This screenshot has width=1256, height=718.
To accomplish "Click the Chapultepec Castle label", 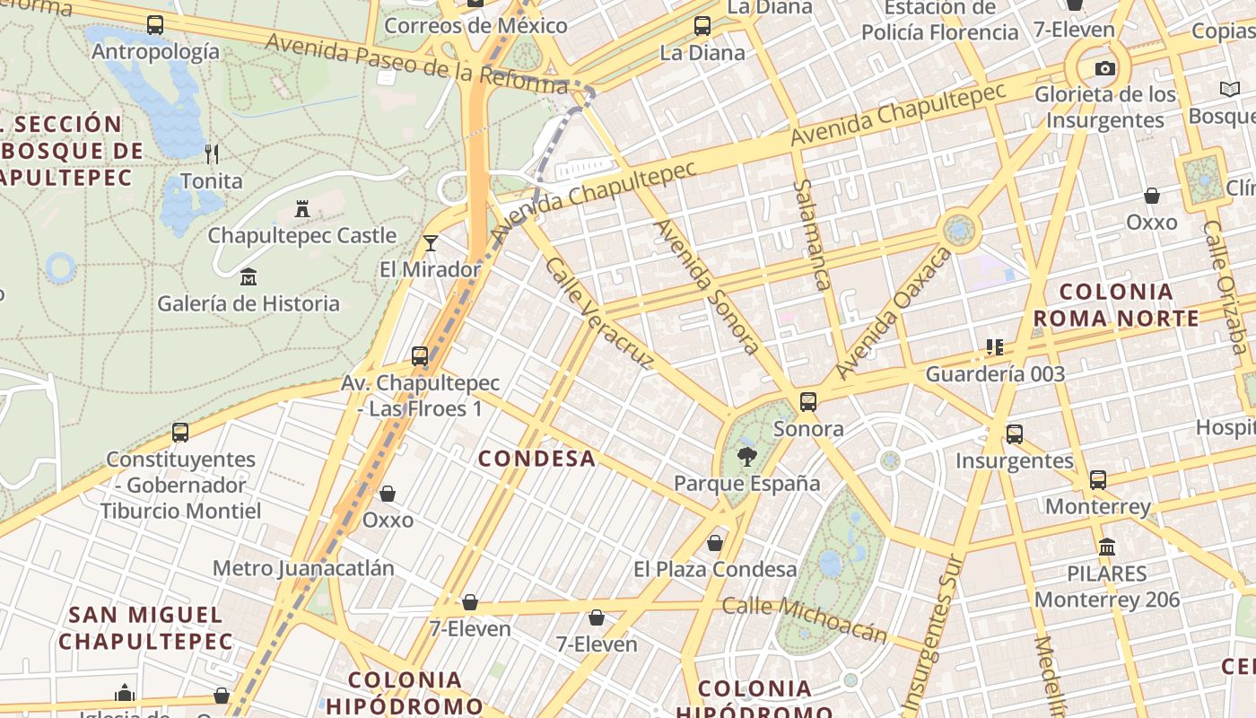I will pyautogui.click(x=301, y=235).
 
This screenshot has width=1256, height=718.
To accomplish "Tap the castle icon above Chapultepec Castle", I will pyautogui.click(x=302, y=209).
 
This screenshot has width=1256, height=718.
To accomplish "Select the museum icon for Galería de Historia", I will pyautogui.click(x=249, y=277).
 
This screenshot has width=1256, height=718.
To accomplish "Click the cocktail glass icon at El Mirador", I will pyautogui.click(x=431, y=242).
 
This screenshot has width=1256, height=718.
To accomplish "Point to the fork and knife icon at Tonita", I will pyautogui.click(x=212, y=153).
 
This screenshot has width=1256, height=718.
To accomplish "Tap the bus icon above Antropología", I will pyautogui.click(x=155, y=25).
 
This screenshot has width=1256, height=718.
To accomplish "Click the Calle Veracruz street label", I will pyautogui.click(x=598, y=313).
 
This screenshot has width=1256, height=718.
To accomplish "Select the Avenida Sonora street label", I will pyautogui.click(x=707, y=285).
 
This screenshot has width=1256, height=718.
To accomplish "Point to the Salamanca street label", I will pyautogui.click(x=811, y=234).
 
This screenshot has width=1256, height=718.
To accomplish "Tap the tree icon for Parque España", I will pyautogui.click(x=746, y=457).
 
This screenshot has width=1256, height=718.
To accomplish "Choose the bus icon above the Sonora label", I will pyautogui.click(x=808, y=401).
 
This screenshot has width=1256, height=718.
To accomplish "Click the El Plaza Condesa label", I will pyautogui.click(x=715, y=569).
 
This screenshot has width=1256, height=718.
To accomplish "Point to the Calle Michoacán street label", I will pyautogui.click(x=805, y=619).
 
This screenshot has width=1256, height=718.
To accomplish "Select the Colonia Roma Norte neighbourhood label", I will pyautogui.click(x=1116, y=305).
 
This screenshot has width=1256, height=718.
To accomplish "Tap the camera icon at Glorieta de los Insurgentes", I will pyautogui.click(x=1105, y=68).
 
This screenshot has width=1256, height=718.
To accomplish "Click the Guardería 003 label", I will pyautogui.click(x=995, y=373).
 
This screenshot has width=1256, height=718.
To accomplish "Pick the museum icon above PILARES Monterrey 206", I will pyautogui.click(x=1107, y=547).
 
